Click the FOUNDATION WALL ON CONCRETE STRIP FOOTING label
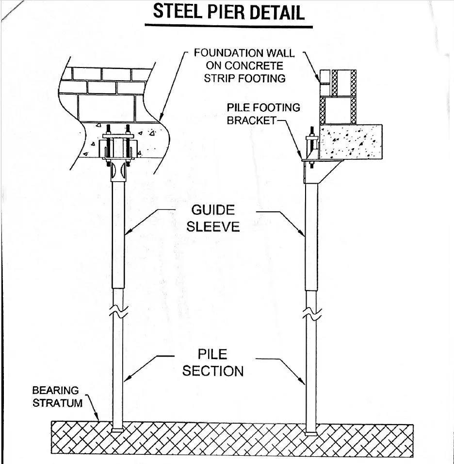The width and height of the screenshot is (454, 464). click(244, 65)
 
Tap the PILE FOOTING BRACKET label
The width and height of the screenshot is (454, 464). click(263, 114)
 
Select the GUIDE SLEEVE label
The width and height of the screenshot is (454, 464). click(212, 218)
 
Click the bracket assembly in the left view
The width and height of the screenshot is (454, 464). click(118, 148)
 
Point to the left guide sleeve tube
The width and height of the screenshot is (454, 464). click(118, 233)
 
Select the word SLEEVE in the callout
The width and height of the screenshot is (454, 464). click(213, 226)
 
